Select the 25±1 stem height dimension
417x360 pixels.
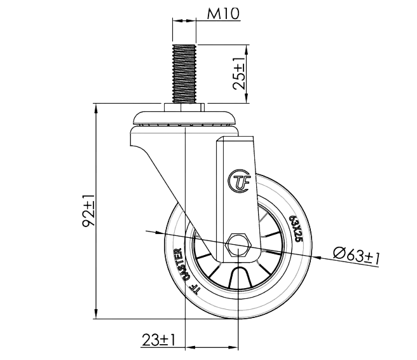pos(238,74)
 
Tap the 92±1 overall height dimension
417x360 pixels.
pos(90,211)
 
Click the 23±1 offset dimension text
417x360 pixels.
pos(158,338)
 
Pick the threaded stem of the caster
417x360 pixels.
pos(183,74)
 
